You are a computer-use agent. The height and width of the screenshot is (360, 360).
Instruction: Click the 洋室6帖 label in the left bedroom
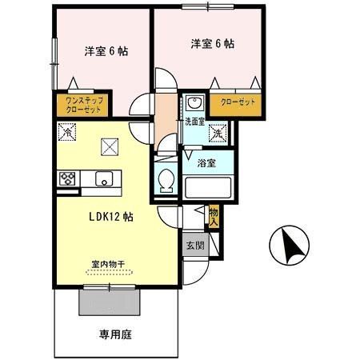[x=107, y=51]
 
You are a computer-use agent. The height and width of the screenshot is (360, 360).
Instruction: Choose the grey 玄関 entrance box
[x=196, y=246]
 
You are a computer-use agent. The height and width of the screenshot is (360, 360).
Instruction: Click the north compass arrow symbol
[x=286, y=246]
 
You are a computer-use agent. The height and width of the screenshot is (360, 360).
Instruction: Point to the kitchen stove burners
[x=66, y=178]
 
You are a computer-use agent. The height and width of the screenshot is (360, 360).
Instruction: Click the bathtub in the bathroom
[x=209, y=188]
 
